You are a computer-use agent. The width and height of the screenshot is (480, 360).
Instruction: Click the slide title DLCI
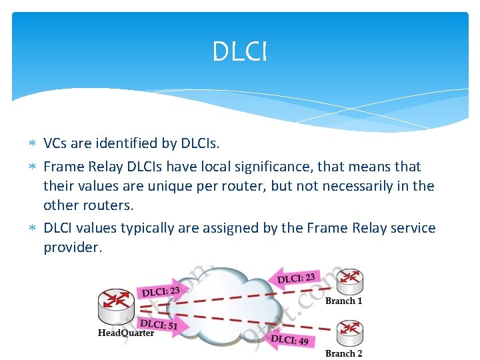[x=239, y=52]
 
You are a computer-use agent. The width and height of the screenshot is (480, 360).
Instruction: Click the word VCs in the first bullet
[x=55, y=143]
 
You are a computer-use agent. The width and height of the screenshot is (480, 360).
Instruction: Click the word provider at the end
[x=73, y=247]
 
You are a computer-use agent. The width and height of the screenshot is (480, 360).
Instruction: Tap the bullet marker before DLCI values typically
[x=33, y=229]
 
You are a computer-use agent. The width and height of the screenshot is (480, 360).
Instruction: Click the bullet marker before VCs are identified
[x=33, y=143]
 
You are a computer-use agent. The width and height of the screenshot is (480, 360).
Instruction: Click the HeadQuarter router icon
[x=117, y=306]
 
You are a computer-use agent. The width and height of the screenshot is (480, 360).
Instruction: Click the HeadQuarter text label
[x=126, y=333]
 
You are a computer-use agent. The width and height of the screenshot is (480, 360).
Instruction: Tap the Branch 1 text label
[x=344, y=301]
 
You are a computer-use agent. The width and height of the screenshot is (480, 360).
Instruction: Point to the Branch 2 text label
[x=344, y=353]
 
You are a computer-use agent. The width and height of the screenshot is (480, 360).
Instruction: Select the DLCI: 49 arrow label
[x=289, y=339]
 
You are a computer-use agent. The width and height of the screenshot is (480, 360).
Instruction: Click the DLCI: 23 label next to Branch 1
[x=296, y=276]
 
